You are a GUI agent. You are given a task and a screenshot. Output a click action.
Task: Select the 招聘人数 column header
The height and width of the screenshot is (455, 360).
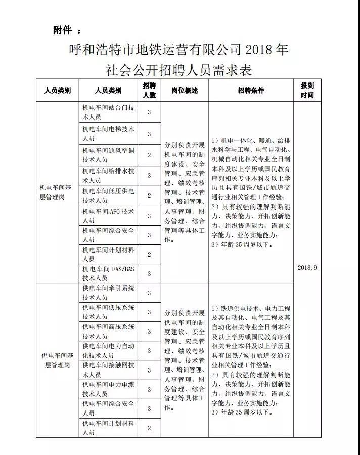(x=149, y=90)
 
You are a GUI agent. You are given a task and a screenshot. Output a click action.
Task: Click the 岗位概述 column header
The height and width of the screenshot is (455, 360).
(x=185, y=90)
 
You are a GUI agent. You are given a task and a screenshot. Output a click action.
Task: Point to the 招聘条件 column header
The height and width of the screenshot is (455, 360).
(x=251, y=90)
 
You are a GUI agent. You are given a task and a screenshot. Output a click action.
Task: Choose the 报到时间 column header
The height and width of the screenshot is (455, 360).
(x=307, y=90)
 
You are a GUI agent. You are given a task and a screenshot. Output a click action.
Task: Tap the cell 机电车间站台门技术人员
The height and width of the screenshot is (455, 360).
(x=108, y=112)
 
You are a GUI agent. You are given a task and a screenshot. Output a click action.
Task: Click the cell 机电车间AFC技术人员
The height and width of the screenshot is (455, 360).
(x=108, y=216)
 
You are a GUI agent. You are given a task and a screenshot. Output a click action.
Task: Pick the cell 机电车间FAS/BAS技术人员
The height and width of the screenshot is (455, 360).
(x=108, y=273)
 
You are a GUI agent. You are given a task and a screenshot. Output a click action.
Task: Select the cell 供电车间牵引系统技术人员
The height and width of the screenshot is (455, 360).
(x=108, y=293)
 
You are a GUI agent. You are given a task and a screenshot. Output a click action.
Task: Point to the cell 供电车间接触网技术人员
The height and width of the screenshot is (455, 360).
(x=108, y=370)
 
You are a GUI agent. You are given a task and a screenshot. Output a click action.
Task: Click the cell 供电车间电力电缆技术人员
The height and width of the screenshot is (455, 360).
(x=108, y=389)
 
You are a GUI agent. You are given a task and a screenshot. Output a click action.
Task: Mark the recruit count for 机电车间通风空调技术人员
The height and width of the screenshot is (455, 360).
(x=149, y=155)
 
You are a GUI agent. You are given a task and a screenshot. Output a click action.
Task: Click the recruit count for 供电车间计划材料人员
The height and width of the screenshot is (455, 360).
(x=149, y=428)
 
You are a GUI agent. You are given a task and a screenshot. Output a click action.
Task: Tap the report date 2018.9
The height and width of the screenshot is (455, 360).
(x=307, y=267)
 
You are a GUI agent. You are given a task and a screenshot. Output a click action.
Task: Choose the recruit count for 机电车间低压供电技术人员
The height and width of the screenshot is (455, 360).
(x=149, y=195)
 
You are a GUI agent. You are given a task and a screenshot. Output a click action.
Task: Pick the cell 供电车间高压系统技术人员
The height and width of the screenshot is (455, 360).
(x=108, y=332)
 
